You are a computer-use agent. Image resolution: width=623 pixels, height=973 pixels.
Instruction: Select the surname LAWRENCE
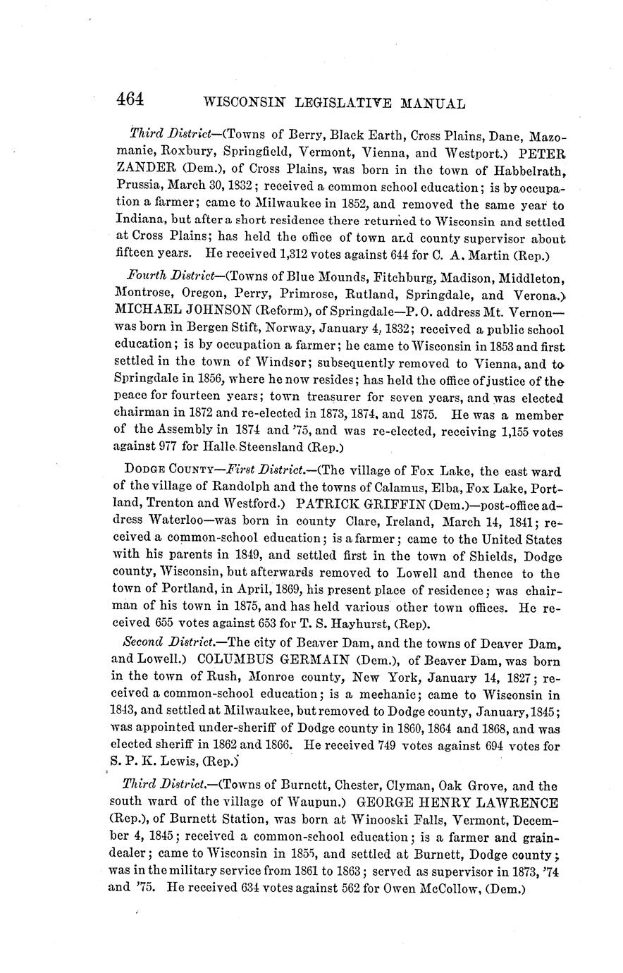click(x=519, y=803)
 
